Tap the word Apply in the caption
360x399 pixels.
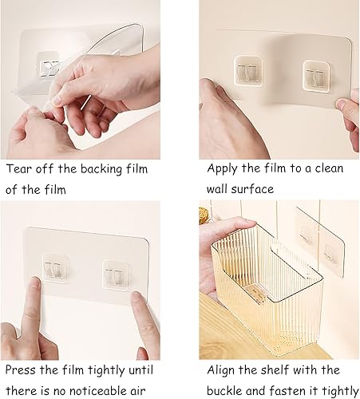[224, 169]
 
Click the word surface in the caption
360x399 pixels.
[251, 190]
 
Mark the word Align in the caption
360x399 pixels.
[224, 370]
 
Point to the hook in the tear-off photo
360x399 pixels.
[52, 67]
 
